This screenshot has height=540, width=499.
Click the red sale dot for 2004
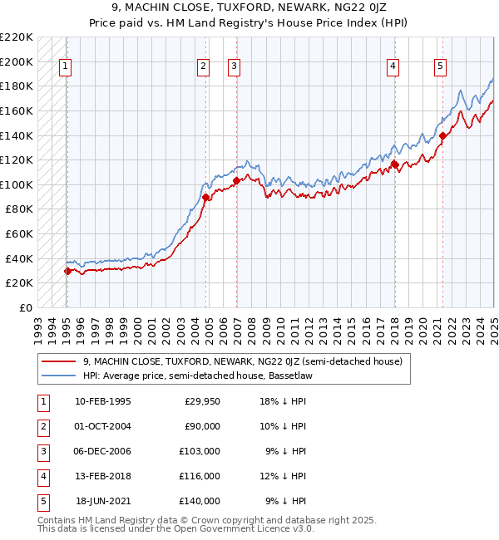205,197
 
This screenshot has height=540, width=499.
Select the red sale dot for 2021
443,135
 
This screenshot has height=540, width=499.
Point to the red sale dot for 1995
67,271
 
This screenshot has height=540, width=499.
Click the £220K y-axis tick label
17,37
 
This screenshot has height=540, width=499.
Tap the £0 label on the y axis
26,307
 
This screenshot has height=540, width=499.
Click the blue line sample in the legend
58,375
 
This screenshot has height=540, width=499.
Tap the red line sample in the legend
58,361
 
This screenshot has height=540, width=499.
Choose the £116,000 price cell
200,476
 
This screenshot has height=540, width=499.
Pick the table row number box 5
42,501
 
